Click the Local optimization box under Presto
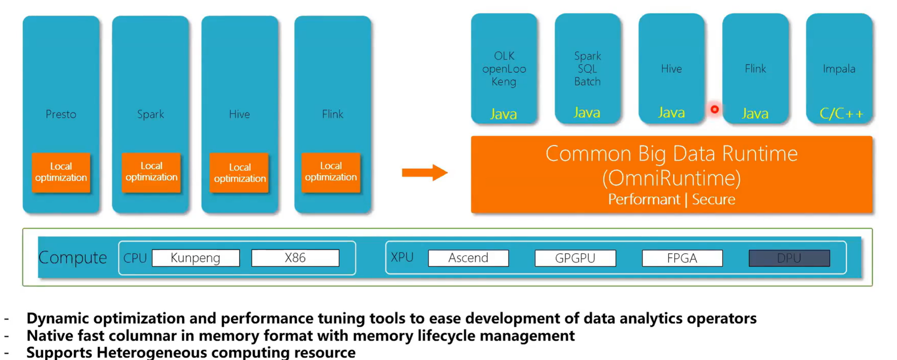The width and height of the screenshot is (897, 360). click(x=61, y=172)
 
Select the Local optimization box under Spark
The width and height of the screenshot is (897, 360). click(x=151, y=172)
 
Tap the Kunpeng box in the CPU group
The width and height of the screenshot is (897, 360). click(x=196, y=258)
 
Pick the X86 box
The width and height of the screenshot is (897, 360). click(x=295, y=258)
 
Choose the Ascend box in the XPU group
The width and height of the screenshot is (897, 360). click(x=468, y=258)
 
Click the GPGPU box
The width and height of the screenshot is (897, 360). click(x=575, y=258)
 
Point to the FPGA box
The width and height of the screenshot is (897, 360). click(x=682, y=258)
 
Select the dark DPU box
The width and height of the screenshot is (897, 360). click(x=789, y=258)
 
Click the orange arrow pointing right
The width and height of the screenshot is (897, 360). click(x=424, y=173)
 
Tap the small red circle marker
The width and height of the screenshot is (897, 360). click(x=714, y=110)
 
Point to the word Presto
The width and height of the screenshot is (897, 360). click(x=61, y=114)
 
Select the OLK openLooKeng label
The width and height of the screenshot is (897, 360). click(x=504, y=69)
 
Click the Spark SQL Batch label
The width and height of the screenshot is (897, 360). click(x=587, y=69)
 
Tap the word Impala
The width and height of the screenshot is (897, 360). click(x=839, y=69)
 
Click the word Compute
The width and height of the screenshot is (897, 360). click(x=73, y=257)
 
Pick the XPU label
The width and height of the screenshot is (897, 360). click(x=402, y=257)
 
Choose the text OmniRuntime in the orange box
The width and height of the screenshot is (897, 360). click(x=672, y=178)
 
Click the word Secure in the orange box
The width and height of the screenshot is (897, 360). click(x=714, y=200)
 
